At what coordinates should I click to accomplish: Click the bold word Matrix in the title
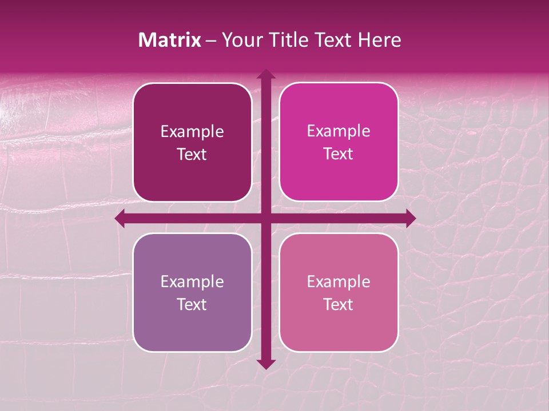[x=170, y=40]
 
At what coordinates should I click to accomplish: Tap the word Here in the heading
[x=379, y=40]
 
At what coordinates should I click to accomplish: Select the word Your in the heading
[x=240, y=40]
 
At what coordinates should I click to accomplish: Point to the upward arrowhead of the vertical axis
[x=265, y=74]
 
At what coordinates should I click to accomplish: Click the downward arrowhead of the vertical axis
[x=265, y=364]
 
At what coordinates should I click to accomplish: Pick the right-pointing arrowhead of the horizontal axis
[x=410, y=218]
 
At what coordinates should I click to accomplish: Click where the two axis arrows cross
[x=265, y=218]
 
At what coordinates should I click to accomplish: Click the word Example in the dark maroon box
[x=192, y=132]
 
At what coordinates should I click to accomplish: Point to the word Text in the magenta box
[x=339, y=154]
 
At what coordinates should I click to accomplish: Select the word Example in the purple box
[x=192, y=282]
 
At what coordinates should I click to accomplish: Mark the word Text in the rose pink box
[x=339, y=304]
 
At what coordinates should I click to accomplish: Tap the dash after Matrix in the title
[x=211, y=41]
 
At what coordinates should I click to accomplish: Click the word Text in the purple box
[x=192, y=304]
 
